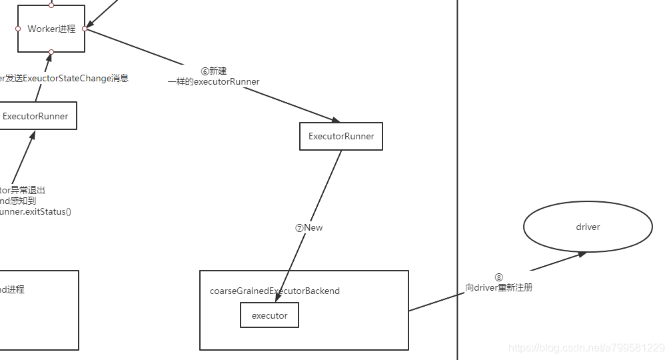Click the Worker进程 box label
tap(51, 29)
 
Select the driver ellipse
tap(588, 227)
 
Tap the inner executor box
tap(269, 315)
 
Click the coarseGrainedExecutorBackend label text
tap(275, 291)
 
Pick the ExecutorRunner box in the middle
tap(341, 136)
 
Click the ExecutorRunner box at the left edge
tap(36, 116)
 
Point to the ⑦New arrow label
tap(309, 227)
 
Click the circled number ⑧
tap(498, 277)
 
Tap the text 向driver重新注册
tap(498, 288)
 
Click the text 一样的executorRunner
tap(213, 81)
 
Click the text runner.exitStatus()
tap(35, 211)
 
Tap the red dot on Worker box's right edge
tap(85, 29)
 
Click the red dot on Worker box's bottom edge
tap(51, 52)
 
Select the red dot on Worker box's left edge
tap(18, 29)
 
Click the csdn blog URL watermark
tap(586, 348)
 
